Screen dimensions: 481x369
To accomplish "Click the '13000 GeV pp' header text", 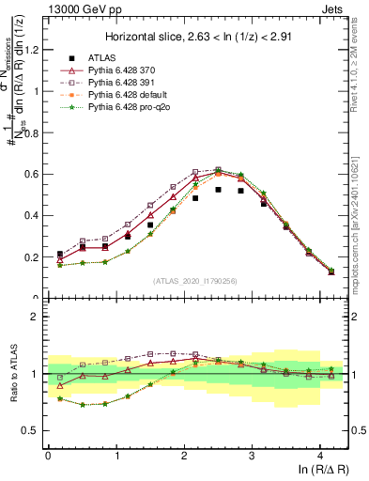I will [80, 8].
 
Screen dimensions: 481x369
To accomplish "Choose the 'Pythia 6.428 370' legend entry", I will [125, 70].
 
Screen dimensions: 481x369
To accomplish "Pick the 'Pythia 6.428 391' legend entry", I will [125, 83].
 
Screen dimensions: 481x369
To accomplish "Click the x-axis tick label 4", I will [320, 454].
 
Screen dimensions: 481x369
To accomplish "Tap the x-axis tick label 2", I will [184, 454].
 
